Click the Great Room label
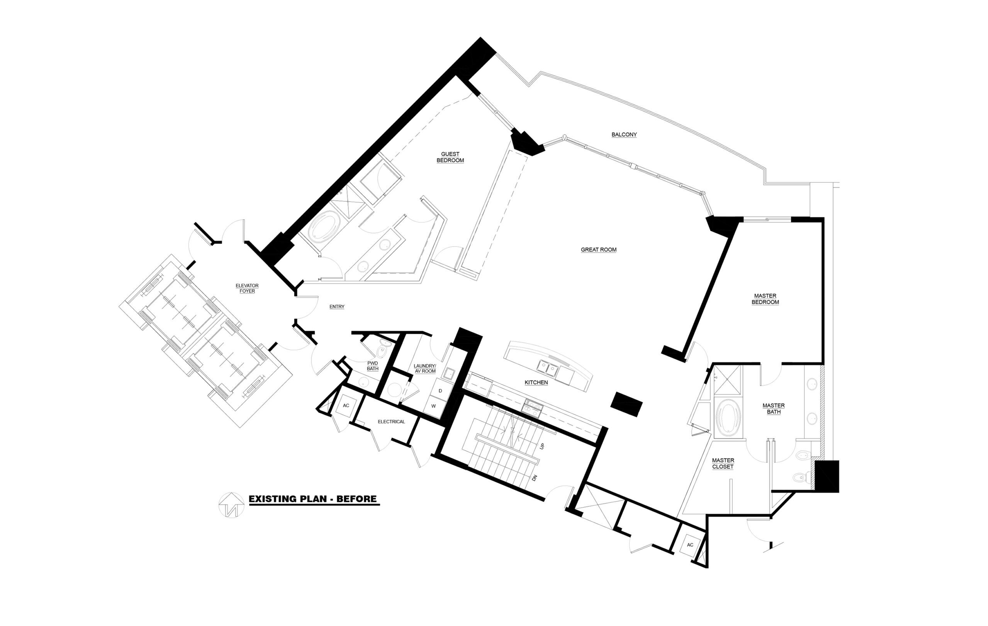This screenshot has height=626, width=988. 598,250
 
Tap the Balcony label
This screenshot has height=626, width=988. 624,134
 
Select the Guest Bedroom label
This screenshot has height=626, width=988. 450,157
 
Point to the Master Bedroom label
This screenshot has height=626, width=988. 765,299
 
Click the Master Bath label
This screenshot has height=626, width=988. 773,408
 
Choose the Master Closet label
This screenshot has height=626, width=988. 723,463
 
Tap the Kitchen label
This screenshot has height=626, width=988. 536,383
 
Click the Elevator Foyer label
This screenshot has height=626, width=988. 247,288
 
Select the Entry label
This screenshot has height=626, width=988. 337,307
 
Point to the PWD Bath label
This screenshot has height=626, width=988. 373,366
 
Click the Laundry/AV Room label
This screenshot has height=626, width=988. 425,368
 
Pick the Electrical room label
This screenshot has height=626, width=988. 391,422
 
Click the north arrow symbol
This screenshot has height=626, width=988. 231,505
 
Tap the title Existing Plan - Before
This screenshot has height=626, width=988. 312,499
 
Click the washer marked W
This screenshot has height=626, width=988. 433,406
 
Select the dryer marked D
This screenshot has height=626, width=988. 440,390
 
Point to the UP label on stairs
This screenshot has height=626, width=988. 542,446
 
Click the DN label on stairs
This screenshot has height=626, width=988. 535,478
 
